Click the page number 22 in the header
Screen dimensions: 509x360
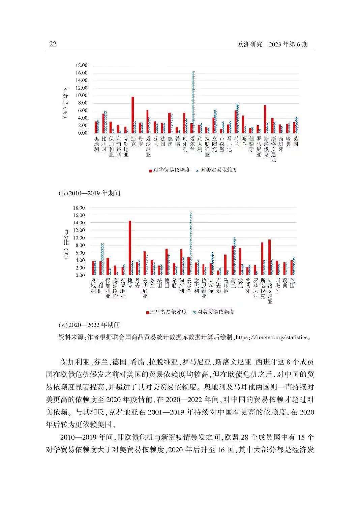point(53,44)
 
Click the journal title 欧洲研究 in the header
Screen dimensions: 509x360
point(250,44)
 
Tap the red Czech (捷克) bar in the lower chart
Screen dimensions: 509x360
point(130,248)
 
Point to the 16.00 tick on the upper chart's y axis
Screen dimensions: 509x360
point(80,73)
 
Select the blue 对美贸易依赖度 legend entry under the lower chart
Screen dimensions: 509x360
point(214,312)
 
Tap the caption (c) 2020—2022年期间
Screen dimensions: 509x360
point(89,325)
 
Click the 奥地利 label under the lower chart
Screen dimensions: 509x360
point(93,285)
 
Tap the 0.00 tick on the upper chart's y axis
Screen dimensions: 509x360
point(81,133)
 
